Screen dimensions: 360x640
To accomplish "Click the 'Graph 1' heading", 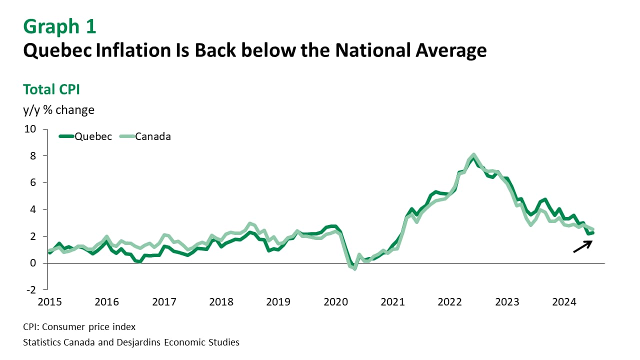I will click(x=59, y=26).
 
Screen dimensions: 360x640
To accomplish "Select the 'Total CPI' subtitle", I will click(x=51, y=89).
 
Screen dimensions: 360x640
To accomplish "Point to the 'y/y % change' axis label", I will click(x=58, y=109).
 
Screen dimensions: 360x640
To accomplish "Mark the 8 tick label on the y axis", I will click(x=33, y=156).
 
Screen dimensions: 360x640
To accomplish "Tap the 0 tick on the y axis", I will click(x=33, y=263).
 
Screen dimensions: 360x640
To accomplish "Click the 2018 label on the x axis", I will click(x=221, y=302).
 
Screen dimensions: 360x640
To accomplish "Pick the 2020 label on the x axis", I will click(x=335, y=302).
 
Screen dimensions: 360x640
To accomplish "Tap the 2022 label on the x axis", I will click(x=449, y=302).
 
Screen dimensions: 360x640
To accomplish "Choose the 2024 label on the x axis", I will click(x=564, y=302).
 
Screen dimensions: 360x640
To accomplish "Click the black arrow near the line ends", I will click(x=582, y=246).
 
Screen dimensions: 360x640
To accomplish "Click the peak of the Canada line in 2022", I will click(x=473, y=155).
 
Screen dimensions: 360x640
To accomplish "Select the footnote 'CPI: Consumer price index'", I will click(x=79, y=327).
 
